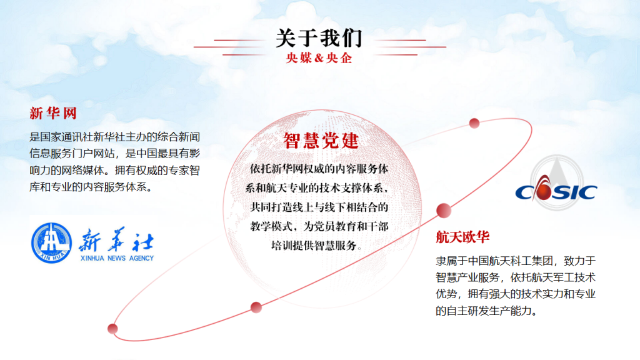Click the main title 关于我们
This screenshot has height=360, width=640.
pos(319,38)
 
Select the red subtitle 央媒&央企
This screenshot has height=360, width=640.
pos(319,58)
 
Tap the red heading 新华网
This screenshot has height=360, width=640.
pos(53,113)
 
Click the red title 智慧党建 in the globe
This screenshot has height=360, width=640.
pos(321,141)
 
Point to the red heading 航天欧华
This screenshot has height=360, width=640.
pos(462,237)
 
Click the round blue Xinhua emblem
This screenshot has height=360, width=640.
pos(51,243)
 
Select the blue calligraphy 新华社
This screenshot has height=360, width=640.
pos(116,239)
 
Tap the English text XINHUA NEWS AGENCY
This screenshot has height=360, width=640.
pos(117,258)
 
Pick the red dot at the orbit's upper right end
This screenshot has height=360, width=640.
pos(474,123)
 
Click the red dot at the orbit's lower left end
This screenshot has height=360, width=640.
pos(112,329)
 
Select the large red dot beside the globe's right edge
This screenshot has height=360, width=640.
pos(444,210)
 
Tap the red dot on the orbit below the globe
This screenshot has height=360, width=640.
pos(256,307)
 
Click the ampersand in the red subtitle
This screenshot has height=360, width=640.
pos(319,58)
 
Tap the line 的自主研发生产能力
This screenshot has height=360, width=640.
pos(486,311)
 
